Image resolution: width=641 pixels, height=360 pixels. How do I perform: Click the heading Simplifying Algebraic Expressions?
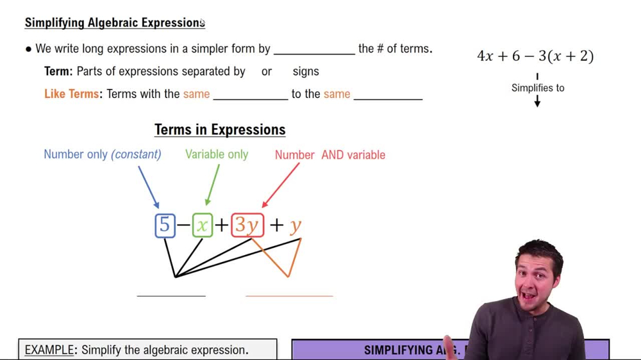coord(115,23)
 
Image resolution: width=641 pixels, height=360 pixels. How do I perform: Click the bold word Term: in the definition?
coord(58,72)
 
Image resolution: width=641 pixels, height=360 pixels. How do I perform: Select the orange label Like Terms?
coord(72,94)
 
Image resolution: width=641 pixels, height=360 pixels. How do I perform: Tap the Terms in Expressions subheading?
coord(220,130)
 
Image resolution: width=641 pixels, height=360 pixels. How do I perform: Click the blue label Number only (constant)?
coord(103,154)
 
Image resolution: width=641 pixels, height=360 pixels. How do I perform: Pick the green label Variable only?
coord(217,154)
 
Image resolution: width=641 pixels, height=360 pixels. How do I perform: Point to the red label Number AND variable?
coord(330,155)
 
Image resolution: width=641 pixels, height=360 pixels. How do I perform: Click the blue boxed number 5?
coord(165,225)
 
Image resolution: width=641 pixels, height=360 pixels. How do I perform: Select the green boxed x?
coord(203,225)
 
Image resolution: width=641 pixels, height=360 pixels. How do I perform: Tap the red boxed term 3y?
coord(247,225)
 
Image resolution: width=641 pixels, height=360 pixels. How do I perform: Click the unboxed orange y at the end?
coord(295,225)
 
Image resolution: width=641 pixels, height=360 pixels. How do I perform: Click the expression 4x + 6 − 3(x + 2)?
coord(535,56)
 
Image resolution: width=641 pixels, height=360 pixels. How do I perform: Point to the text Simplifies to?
coord(538,88)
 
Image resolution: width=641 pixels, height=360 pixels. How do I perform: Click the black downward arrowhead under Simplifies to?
coord(537,102)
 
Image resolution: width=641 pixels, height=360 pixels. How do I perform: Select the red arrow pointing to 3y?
coord(280,186)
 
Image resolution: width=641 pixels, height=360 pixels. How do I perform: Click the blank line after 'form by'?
coord(314,53)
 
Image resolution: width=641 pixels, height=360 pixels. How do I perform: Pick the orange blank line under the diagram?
coord(289,296)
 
